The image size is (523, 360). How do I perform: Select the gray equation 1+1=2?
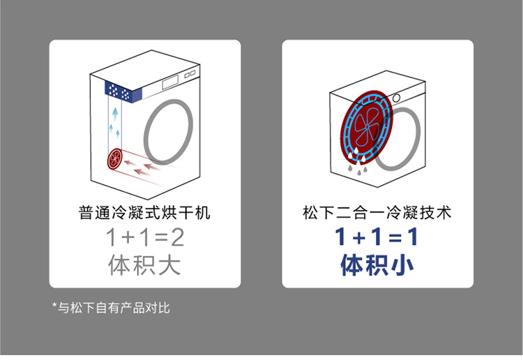click(144, 239)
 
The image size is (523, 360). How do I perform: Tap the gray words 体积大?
click(144, 266)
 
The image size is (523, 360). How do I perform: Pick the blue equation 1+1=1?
click(377, 239)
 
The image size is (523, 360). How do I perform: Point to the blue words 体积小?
click(377, 266)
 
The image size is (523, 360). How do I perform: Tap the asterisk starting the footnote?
click(55, 306)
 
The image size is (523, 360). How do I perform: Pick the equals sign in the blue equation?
click(394, 239)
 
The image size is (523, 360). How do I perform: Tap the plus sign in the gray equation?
click(127, 239)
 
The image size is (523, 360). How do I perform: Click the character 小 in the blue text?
click(402, 266)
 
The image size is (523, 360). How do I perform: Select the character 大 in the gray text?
click(169, 266)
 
